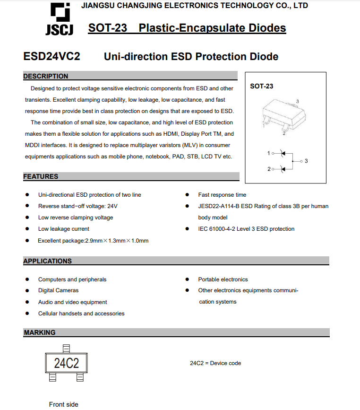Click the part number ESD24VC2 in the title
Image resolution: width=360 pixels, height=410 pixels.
click(51, 57)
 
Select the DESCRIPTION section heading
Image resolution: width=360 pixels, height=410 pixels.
click(46, 76)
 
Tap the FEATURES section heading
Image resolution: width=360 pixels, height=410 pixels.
click(41, 176)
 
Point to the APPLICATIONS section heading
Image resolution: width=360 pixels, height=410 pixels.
click(47, 261)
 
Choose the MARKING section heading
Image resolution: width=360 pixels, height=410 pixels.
click(40, 332)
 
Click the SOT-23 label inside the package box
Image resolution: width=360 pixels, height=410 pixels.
click(261, 86)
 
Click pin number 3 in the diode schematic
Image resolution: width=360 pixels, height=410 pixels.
click(306, 161)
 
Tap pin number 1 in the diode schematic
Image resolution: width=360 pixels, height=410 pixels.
click(268, 153)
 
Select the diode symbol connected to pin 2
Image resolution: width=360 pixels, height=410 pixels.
click(283, 169)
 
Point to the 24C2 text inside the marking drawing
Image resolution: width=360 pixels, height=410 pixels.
click(66, 363)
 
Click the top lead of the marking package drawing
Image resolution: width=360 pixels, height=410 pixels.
click(66, 349)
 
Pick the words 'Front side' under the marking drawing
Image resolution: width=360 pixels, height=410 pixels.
click(64, 404)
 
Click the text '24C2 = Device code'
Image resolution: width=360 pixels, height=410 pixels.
click(215, 363)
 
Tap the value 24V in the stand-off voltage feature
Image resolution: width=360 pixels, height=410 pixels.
click(112, 206)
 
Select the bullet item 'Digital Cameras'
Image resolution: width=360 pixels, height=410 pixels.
click(58, 290)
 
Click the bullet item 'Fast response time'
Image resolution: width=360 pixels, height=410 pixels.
click(222, 195)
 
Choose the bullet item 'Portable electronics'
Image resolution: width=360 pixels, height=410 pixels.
click(223, 279)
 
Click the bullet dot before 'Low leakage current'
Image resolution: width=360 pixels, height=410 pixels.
click(27, 229)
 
